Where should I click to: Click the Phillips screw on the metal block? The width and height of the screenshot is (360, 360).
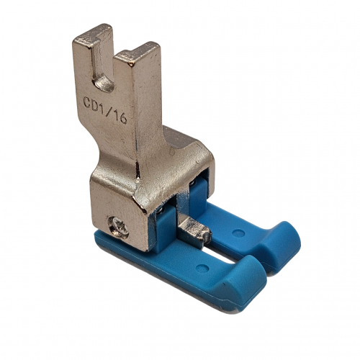click(118, 227)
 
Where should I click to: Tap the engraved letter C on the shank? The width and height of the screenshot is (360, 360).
click(89, 102)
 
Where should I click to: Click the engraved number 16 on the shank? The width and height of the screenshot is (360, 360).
click(120, 117)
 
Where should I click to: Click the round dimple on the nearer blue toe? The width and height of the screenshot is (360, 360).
click(202, 269)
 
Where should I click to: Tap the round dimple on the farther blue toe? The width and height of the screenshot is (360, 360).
click(238, 233)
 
